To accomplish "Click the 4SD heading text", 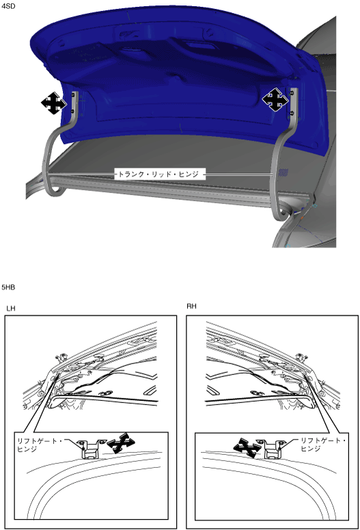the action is [x=8, y=6].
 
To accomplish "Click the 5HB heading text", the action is [x=8, y=288].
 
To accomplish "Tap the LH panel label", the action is [x=11, y=308].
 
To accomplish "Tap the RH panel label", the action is [x=191, y=306].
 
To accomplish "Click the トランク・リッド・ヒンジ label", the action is [x=158, y=174].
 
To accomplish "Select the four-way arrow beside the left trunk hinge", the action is [x=53, y=102].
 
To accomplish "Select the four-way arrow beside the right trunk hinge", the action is [x=275, y=100].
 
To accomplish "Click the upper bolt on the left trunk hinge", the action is [x=73, y=96].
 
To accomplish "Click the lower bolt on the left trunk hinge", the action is [x=72, y=111].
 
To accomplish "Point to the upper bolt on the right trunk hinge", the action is [x=292, y=92].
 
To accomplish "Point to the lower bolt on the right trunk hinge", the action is [x=292, y=113].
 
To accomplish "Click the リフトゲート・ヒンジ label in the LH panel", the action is [x=39, y=445].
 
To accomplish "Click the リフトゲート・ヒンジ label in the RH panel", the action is [x=323, y=445].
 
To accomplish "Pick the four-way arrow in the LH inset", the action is [x=121, y=443].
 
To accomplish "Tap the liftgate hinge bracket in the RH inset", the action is [x=273, y=449].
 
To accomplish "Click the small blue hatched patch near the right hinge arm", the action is [x=283, y=173].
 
